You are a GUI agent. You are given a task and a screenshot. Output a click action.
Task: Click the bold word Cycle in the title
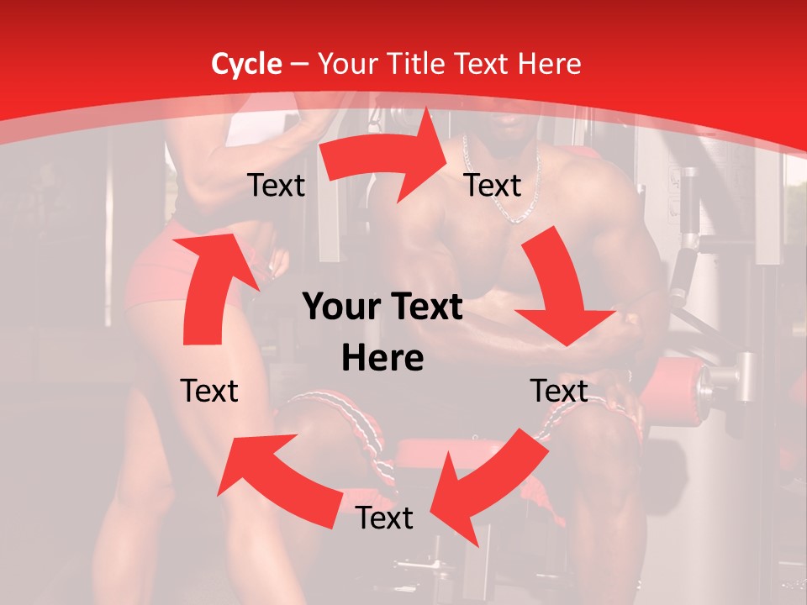(246, 64)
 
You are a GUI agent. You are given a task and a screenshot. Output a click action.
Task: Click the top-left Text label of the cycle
(276, 186)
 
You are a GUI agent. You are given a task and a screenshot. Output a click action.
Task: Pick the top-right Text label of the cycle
(493, 186)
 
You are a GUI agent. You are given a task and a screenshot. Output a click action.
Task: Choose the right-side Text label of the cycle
(558, 391)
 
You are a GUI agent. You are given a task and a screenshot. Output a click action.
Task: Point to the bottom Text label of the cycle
(384, 518)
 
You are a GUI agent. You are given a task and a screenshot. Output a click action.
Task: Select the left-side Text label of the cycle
(209, 391)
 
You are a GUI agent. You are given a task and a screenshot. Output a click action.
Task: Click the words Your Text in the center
(382, 308)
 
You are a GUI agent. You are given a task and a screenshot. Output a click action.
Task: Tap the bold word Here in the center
(382, 359)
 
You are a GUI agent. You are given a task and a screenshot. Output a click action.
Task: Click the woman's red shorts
(160, 269)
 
